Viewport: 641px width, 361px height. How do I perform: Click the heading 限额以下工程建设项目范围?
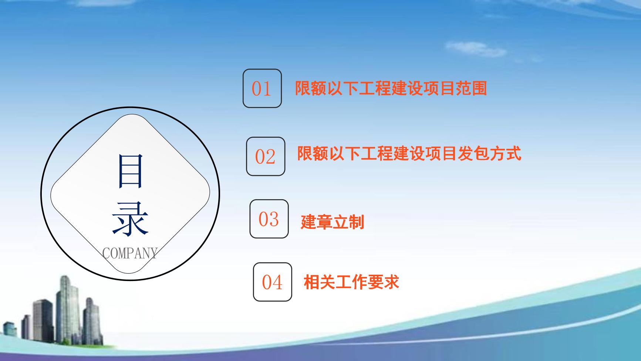[391, 88]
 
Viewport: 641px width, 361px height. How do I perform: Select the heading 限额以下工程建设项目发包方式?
[409, 153]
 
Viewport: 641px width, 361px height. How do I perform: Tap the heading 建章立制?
[333, 222]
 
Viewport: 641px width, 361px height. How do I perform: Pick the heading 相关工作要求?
[351, 282]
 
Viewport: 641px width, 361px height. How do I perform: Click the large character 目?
[130, 171]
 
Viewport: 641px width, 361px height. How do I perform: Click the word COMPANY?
[130, 253]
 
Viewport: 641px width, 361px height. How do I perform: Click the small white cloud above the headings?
[475, 49]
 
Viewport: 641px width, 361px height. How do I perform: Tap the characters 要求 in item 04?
[384, 282]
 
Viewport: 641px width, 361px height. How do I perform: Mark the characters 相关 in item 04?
[319, 282]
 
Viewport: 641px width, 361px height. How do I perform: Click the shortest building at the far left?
[10, 330]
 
